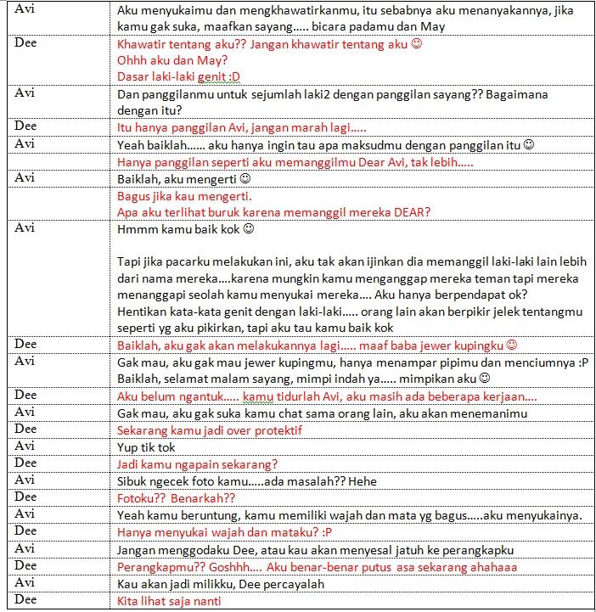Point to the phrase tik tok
(x=158, y=446)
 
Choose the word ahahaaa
(x=490, y=566)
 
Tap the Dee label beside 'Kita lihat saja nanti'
(x=26, y=599)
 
